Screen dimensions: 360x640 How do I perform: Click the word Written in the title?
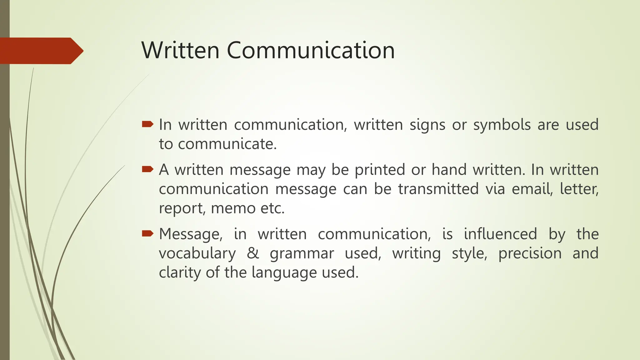[181, 50]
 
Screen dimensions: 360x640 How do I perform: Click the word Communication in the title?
[311, 50]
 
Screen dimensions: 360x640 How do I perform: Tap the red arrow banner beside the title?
[41, 51]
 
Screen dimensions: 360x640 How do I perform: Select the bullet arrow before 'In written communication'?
[147, 125]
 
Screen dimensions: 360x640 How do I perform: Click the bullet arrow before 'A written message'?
[147, 170]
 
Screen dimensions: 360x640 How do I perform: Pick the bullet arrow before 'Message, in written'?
[147, 233]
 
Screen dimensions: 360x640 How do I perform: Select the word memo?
[233, 208]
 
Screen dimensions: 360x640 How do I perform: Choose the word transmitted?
[438, 189]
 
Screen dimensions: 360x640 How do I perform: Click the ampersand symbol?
[253, 253]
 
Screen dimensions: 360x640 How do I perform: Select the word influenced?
[500, 234]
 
